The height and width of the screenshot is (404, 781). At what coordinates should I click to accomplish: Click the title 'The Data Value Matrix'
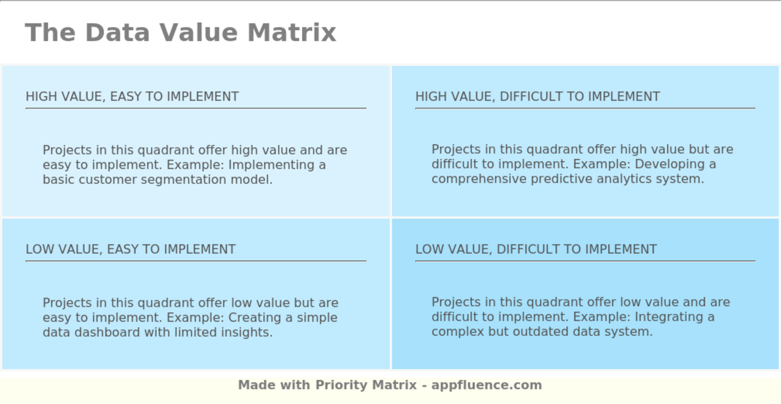(x=180, y=32)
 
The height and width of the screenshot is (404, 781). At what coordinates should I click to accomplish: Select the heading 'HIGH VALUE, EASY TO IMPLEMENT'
(x=132, y=97)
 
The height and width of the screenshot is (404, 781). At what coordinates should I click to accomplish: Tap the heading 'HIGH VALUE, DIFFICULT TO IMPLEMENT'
(x=537, y=97)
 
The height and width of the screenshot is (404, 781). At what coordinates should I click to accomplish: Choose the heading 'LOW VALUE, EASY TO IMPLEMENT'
(x=131, y=249)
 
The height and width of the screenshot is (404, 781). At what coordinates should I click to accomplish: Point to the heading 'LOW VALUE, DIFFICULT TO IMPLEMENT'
(x=536, y=249)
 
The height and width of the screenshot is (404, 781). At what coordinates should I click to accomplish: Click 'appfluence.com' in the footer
(x=486, y=385)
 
